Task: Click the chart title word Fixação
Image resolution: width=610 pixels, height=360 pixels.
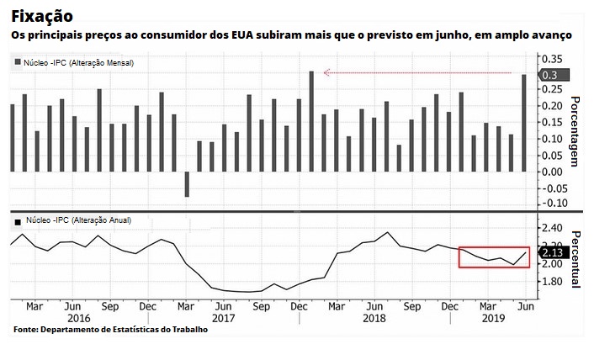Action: (x=41, y=16)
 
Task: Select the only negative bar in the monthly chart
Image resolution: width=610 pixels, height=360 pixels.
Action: (x=187, y=184)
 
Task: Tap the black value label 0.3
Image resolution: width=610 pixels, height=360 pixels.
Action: (x=551, y=75)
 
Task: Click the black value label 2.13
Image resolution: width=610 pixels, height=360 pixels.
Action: (x=554, y=251)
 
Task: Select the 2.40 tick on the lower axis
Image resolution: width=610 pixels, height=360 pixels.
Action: (x=552, y=228)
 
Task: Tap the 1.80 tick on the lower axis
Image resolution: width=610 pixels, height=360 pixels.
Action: (x=552, y=281)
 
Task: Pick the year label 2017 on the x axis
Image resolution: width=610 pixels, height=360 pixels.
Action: (x=224, y=318)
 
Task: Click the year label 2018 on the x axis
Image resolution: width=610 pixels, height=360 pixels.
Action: (x=374, y=318)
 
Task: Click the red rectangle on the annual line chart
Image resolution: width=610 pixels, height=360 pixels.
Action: (x=494, y=257)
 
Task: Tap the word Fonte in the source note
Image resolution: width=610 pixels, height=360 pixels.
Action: (x=25, y=330)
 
